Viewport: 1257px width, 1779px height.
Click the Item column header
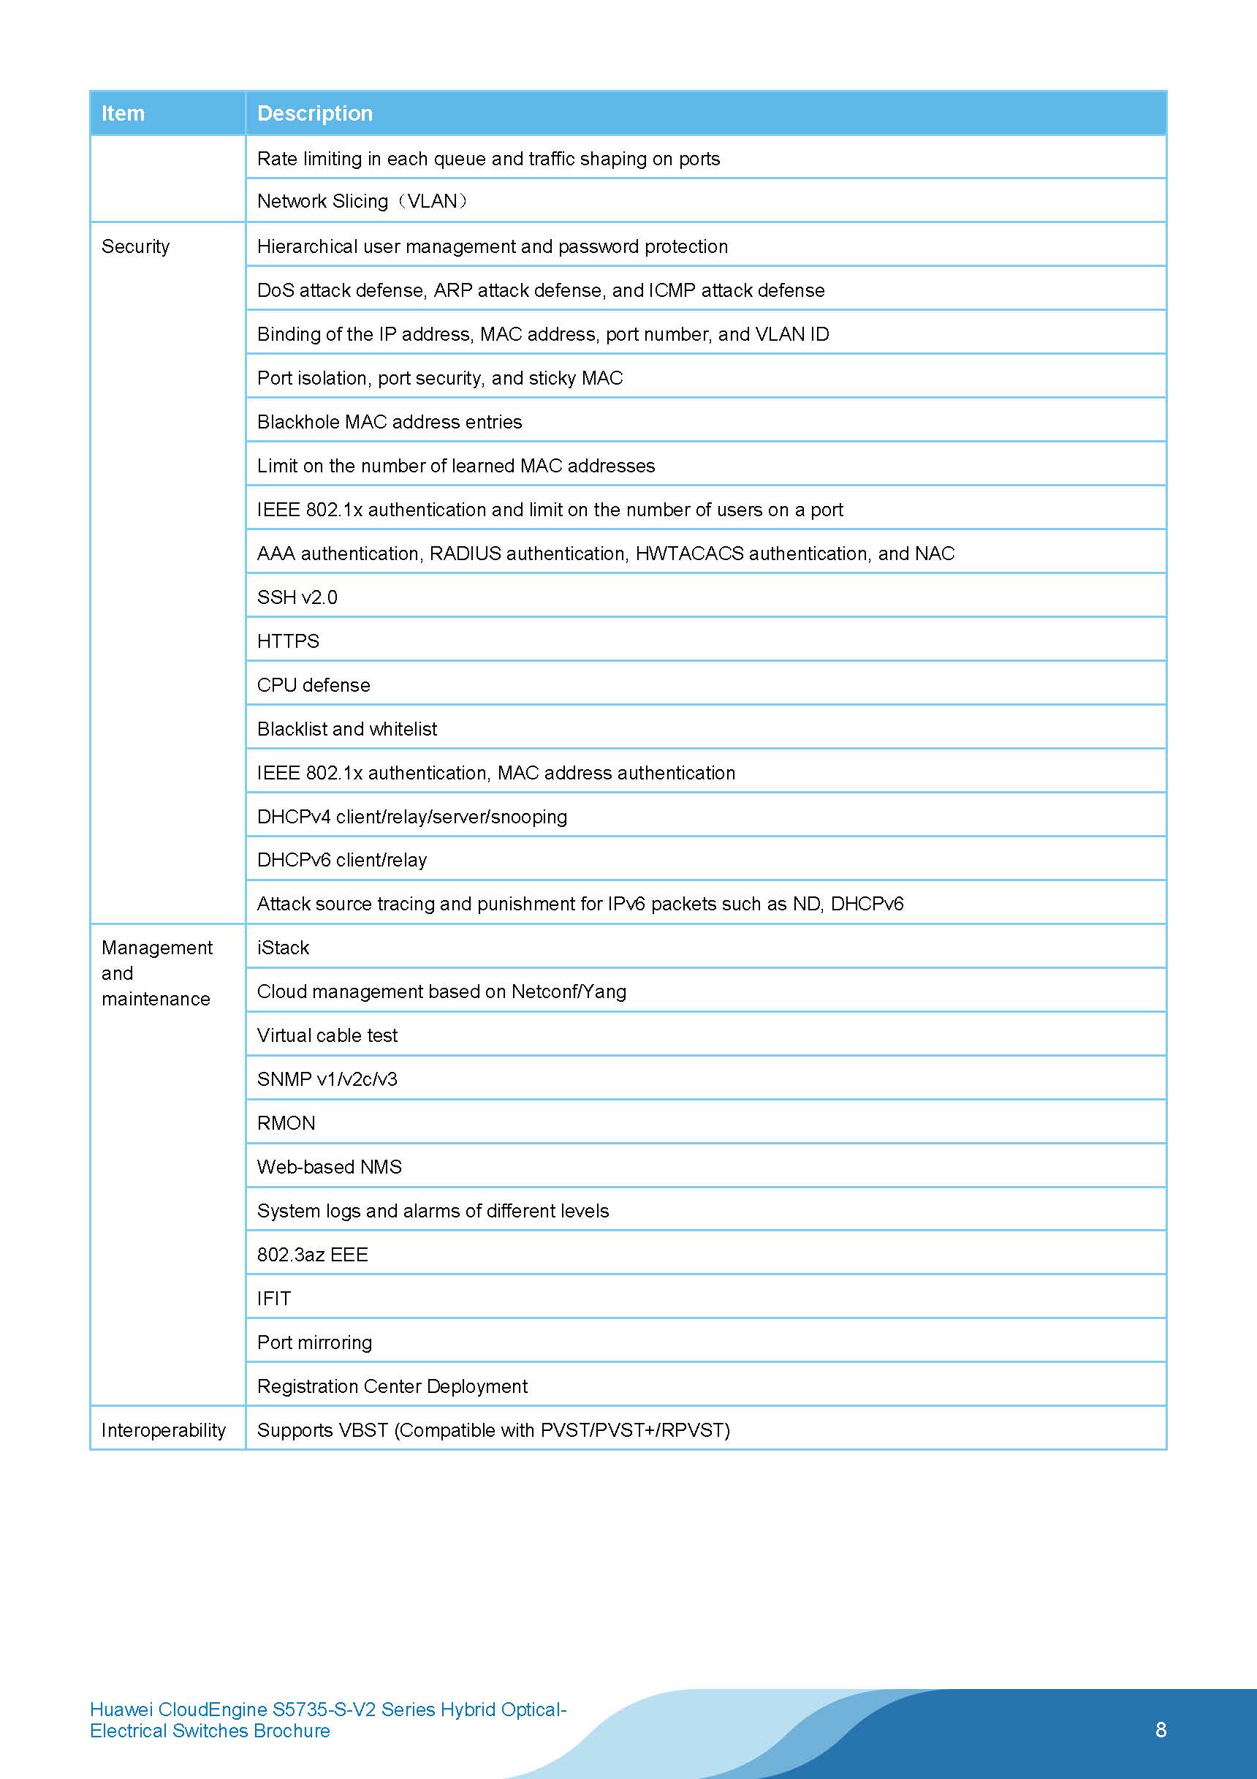pos(124,113)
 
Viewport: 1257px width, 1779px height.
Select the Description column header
pos(314,113)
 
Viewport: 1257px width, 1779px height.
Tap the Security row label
pos(135,246)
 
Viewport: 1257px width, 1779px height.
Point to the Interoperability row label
pos(164,1429)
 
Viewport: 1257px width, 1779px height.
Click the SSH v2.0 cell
pos(297,597)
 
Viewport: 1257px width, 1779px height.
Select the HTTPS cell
pos(288,641)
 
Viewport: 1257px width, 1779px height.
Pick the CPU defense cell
pos(314,685)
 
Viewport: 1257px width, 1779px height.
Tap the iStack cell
pos(283,948)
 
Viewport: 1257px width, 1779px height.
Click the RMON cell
pos(286,1122)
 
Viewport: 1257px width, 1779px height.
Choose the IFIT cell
pos(274,1299)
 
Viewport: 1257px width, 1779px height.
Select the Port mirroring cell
pos(314,1342)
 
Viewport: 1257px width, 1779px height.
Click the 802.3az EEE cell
pos(312,1255)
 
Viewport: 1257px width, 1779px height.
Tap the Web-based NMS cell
pos(329,1167)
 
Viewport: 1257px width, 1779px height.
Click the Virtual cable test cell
pos(327,1035)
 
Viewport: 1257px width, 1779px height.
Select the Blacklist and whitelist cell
pos(347,729)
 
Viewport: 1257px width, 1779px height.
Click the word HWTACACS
pos(689,554)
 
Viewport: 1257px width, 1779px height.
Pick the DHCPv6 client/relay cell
pos(341,860)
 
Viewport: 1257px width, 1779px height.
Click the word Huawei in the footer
pos(121,1710)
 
